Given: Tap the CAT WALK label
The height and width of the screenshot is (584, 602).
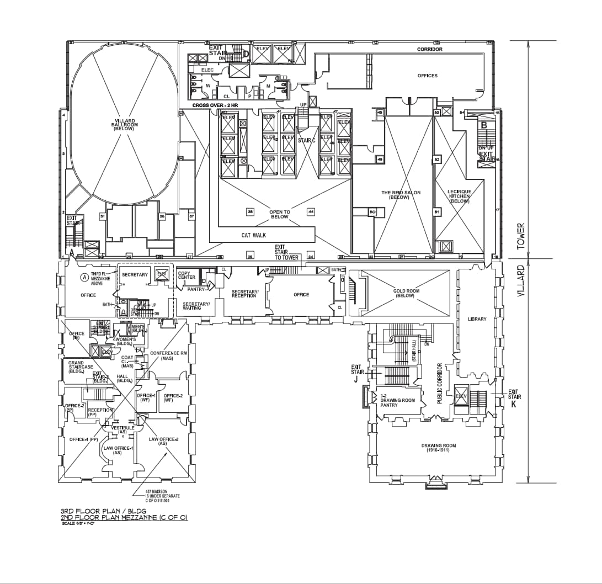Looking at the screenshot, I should pyautogui.click(x=254, y=235).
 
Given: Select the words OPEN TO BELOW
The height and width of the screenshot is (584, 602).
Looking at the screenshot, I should pyautogui.click(x=280, y=214).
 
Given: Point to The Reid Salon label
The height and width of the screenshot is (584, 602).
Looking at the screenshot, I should pyautogui.click(x=401, y=195).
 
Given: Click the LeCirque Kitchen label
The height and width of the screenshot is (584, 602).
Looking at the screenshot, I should pyautogui.click(x=459, y=196).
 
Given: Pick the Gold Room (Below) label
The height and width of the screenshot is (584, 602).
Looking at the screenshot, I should pyautogui.click(x=406, y=293).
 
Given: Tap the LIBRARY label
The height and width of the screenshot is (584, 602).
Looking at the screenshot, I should pyautogui.click(x=477, y=319).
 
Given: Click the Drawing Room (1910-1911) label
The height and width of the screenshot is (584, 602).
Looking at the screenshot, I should pyautogui.click(x=439, y=448).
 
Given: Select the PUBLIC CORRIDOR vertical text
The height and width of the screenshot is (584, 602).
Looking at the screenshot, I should pyautogui.click(x=440, y=383).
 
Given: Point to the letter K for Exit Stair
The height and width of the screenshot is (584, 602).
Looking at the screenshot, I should pyautogui.click(x=514, y=404).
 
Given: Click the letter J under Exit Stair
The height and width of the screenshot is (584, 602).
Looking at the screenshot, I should pyautogui.click(x=356, y=379).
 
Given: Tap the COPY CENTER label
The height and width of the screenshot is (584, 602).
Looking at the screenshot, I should pyautogui.click(x=187, y=275).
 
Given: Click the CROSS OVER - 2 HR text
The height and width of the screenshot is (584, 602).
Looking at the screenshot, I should pyautogui.click(x=215, y=105).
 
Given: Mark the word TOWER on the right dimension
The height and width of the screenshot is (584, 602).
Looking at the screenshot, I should pyautogui.click(x=520, y=236).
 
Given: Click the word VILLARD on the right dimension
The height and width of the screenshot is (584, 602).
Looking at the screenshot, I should pyautogui.click(x=520, y=282).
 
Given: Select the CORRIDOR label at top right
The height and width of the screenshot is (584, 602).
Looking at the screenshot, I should pyautogui.click(x=429, y=49).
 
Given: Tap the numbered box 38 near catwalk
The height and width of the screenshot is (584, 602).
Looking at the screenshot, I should pyautogui.click(x=249, y=211).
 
